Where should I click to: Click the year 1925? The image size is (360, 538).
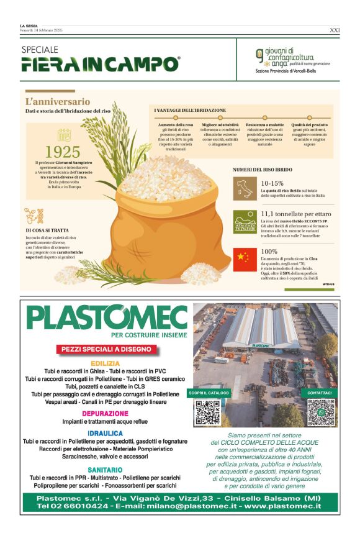pyautogui.click(x=63, y=152)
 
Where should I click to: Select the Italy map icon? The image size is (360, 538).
pyautogui.click(x=244, y=188)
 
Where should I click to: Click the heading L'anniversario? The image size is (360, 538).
pyautogui.click(x=58, y=101)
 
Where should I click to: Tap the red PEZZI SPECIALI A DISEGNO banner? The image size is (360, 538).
pyautogui.click(x=106, y=350)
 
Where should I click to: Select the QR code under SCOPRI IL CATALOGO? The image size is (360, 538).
pyautogui.click(x=209, y=411)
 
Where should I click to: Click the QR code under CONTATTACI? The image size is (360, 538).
pyautogui.click(x=321, y=411)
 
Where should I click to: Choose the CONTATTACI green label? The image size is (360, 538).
pyautogui.click(x=320, y=393)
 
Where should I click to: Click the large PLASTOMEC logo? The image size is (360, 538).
pyautogui.click(x=107, y=318)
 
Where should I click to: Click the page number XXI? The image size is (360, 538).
pyautogui.click(x=334, y=29)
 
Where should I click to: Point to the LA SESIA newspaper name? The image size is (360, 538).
pyautogui.click(x=29, y=26)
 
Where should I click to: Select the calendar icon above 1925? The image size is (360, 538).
pyautogui.click(x=63, y=135)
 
